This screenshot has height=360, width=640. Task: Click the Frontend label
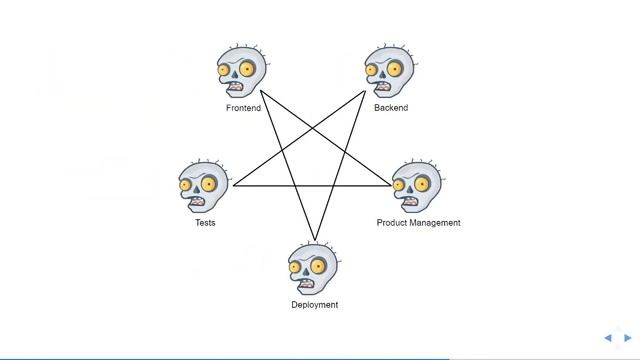[x=243, y=107]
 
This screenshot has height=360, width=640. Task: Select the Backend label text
[x=391, y=107]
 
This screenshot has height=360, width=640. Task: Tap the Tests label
[x=205, y=223]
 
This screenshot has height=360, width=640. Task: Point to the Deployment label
[x=314, y=305]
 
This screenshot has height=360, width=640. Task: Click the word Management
[x=435, y=223]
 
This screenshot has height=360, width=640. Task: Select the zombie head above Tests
[x=204, y=187]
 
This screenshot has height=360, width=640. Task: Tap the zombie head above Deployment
[x=314, y=269]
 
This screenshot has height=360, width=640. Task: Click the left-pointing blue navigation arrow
[x=608, y=338]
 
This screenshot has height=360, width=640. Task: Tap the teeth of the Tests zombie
[x=198, y=201]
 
